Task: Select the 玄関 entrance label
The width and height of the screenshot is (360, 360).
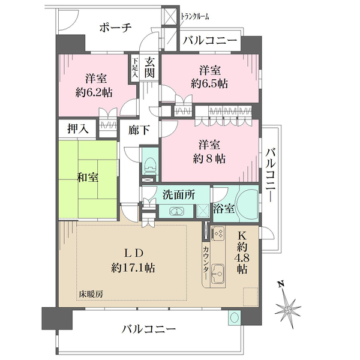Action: (151, 69)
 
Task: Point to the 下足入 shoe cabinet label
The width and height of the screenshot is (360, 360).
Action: (136, 68)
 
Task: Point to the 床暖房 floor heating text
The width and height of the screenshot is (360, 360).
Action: (91, 295)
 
